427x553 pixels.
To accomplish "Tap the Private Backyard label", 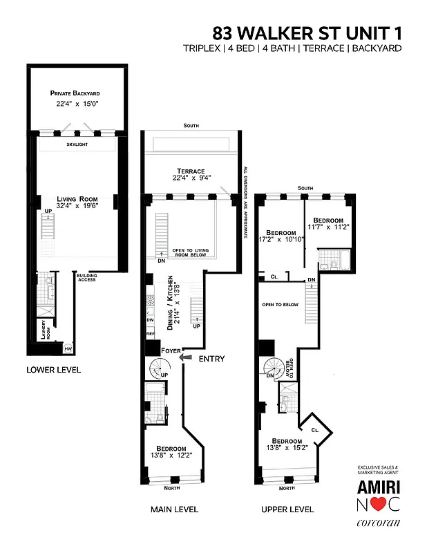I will (75, 93).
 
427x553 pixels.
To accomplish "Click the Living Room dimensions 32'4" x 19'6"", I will (76, 205).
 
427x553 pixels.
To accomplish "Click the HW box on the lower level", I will (68, 349).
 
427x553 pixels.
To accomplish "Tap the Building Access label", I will (86, 276).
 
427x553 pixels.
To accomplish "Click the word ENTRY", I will (211, 359).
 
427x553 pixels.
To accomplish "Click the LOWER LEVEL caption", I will (53, 370).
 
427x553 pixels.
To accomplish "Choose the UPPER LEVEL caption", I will (287, 509).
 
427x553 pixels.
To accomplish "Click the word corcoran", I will (378, 524).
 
